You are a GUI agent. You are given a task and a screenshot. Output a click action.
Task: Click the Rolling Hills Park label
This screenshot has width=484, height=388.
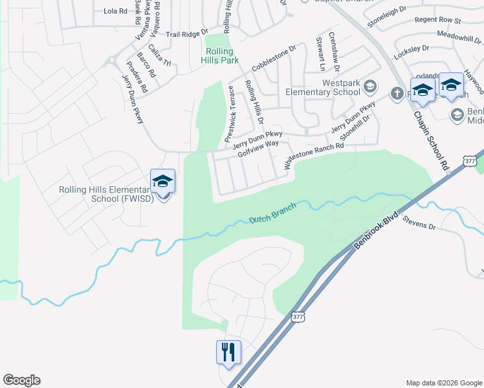223,56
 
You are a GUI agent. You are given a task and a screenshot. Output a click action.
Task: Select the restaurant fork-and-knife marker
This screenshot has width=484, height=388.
228,352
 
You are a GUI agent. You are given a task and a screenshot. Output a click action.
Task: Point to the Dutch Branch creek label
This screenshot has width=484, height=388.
272,213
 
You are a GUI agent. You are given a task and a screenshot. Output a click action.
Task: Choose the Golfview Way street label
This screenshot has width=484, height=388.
258,150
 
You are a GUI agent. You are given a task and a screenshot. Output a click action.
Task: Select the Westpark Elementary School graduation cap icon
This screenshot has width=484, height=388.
370,87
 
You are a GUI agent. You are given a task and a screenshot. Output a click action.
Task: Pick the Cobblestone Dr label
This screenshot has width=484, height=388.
273,58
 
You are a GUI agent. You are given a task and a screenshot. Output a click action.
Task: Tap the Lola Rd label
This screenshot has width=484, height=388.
116,11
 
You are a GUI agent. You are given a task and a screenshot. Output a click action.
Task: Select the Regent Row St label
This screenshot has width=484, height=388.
437,21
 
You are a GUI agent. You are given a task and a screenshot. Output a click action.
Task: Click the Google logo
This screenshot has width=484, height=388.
22,380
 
